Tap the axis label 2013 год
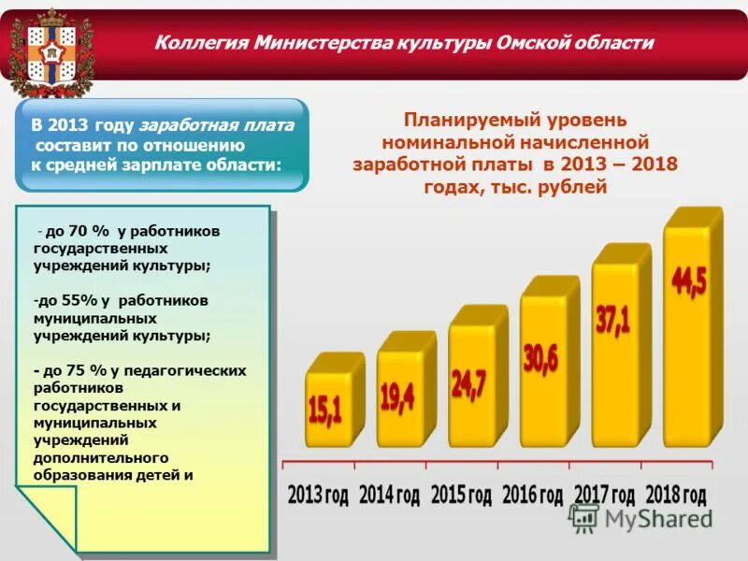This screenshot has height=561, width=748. click(x=318, y=495)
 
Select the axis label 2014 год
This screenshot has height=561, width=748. click(x=389, y=495)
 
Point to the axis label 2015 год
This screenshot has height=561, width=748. click(x=461, y=495)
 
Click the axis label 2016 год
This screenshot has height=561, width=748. click(x=532, y=495)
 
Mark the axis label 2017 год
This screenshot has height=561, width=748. click(x=604, y=495)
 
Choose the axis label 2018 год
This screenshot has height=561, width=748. click(x=675, y=495)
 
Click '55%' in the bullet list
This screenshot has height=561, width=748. click(x=78, y=301)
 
